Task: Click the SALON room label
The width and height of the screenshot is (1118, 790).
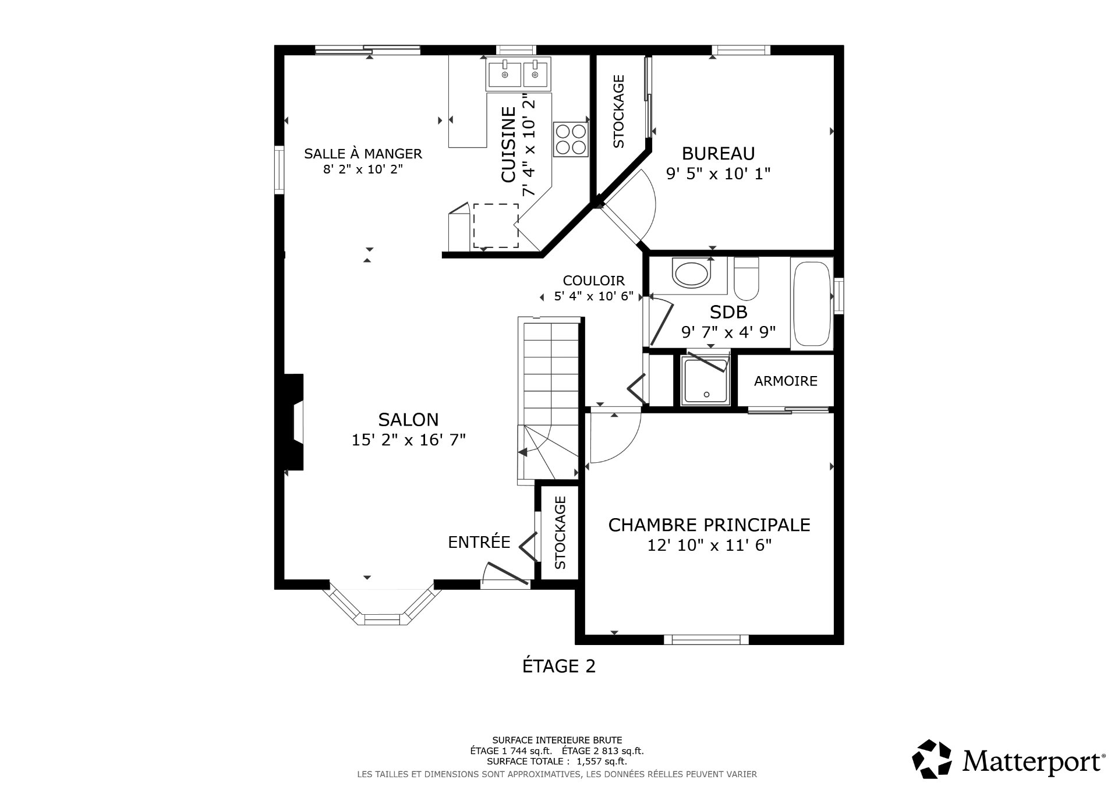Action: tap(408, 419)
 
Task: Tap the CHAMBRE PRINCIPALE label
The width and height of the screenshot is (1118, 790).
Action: tap(709, 525)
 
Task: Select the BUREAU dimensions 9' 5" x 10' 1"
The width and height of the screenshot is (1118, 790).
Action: tap(718, 173)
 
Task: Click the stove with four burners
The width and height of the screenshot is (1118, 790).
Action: tap(571, 139)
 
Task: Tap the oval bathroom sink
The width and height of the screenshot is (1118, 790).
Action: tap(691, 274)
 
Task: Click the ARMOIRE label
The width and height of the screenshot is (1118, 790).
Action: tap(786, 381)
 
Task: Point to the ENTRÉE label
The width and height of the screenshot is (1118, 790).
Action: tap(479, 543)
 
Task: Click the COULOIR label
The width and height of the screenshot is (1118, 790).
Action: tap(593, 281)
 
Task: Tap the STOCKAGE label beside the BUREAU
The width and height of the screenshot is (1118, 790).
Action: tap(618, 111)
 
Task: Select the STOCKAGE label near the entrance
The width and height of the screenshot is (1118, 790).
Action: tap(560, 532)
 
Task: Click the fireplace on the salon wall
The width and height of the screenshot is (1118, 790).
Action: tap(295, 422)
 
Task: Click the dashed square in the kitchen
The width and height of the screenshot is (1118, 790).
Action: tap(496, 225)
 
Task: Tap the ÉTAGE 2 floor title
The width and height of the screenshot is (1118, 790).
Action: tap(558, 666)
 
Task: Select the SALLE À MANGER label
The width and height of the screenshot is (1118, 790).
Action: tap(363, 154)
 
